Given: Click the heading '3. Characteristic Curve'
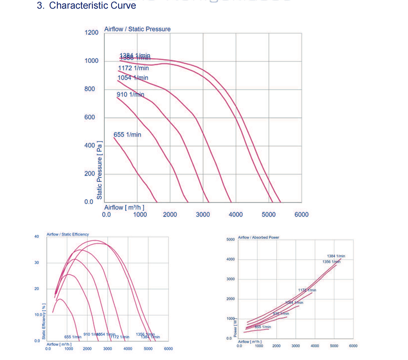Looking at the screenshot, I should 93,6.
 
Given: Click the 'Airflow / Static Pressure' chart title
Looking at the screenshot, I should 137,29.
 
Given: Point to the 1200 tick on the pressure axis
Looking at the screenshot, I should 91,32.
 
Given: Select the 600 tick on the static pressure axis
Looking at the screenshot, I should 89,117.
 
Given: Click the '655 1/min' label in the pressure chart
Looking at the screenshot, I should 127,135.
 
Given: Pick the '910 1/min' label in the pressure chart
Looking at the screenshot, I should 130,95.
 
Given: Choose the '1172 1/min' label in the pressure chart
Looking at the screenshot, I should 133,68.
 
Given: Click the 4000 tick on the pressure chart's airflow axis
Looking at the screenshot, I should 236,214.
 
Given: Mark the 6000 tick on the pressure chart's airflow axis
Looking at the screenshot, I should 302,214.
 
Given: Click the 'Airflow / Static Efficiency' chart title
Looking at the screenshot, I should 68,234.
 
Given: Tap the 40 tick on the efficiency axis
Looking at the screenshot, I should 37,236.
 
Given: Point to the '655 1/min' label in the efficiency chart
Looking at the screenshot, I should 73,337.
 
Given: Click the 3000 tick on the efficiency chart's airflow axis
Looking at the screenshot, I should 108,349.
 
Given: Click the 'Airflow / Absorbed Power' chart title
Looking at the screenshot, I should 259,237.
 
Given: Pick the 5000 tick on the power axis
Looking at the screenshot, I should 231,240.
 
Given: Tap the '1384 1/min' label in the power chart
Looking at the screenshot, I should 336,256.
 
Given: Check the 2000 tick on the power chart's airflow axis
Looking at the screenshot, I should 277,346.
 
